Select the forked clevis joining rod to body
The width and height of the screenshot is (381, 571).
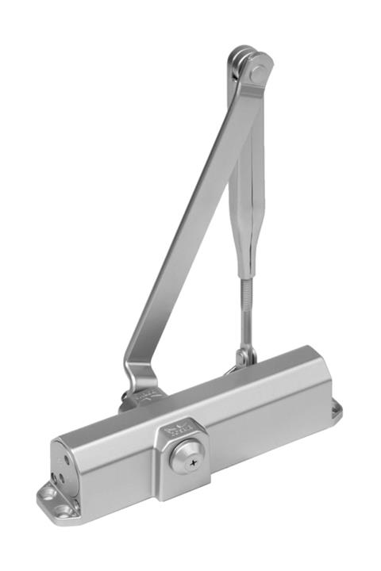244,357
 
